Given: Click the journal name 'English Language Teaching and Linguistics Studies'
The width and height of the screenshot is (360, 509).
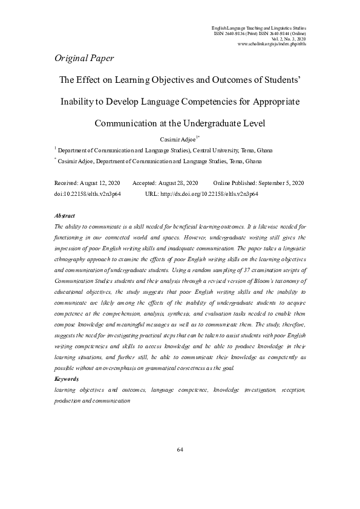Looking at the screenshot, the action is (x=258, y=28).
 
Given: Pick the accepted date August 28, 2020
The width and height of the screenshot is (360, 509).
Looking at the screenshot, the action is (x=176, y=183).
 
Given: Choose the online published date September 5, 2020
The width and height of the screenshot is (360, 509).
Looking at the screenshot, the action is (x=281, y=183).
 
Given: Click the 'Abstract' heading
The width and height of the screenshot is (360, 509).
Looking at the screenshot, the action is (x=65, y=216).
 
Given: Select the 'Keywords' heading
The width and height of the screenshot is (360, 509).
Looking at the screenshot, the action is (x=67, y=378).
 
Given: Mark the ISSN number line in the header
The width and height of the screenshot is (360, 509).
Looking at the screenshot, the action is (x=260, y=33).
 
